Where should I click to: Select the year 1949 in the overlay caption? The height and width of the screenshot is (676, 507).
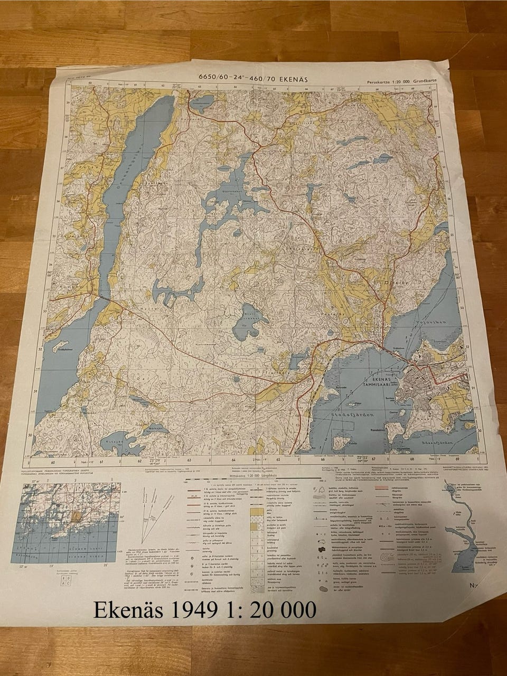[193, 610]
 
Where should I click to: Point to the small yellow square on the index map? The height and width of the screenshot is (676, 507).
[76, 513]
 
